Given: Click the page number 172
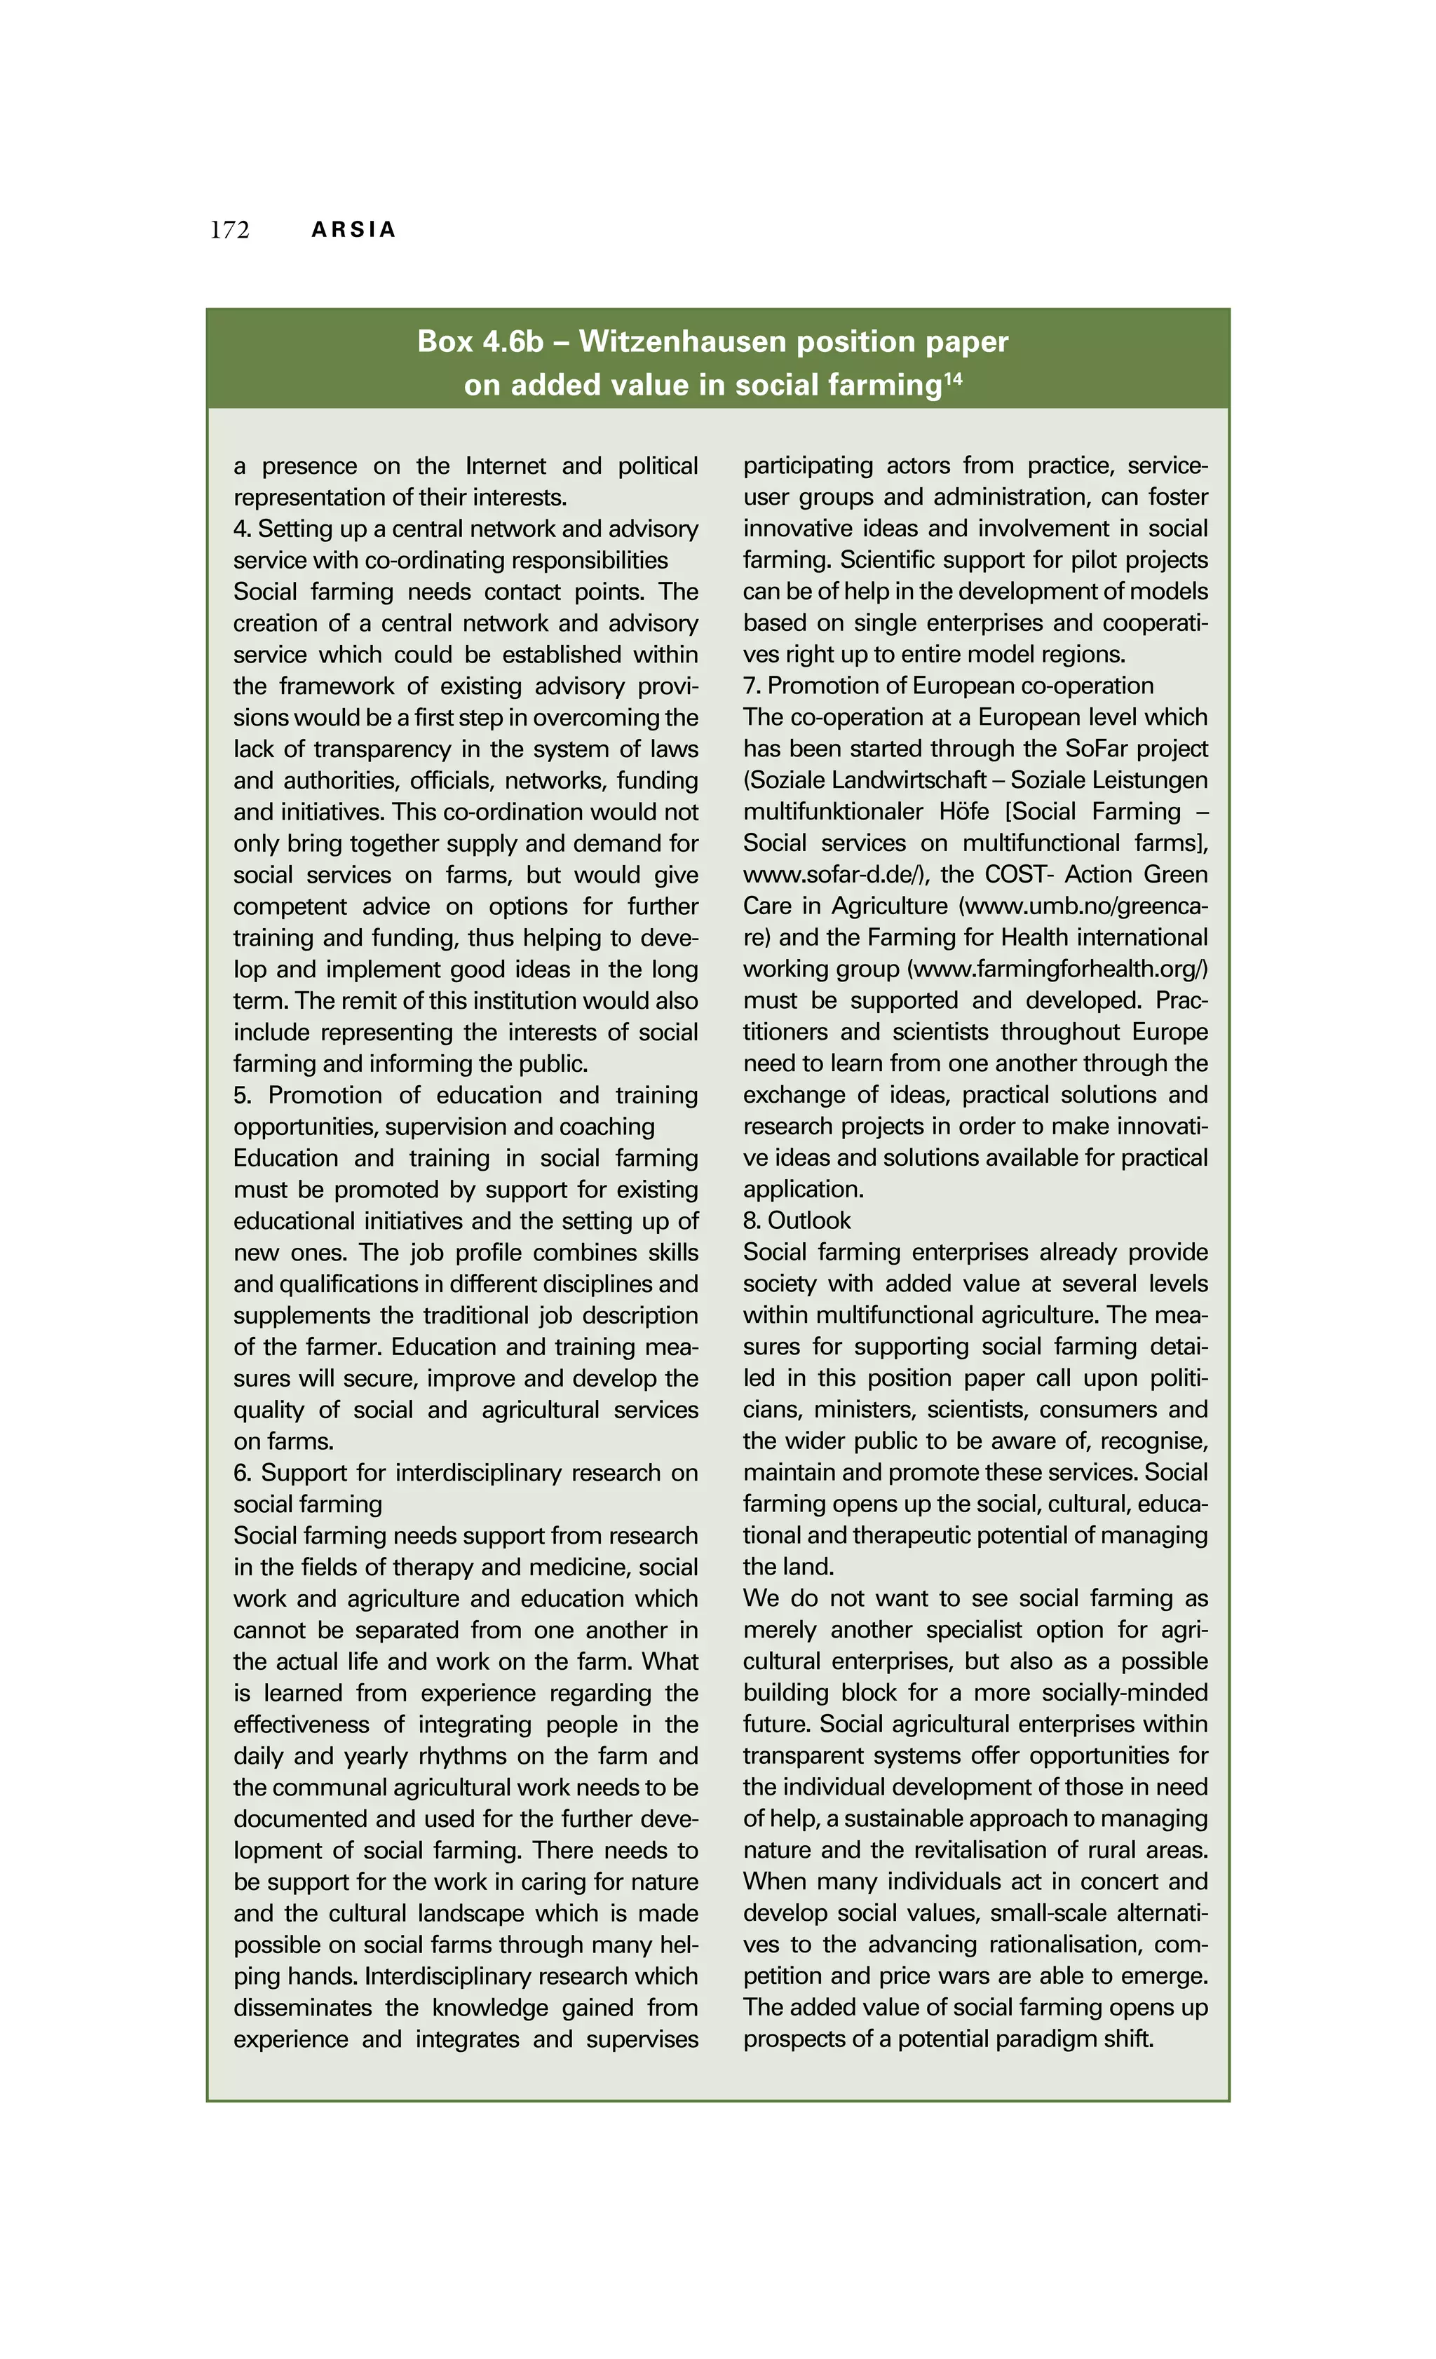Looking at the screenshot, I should point(230,230).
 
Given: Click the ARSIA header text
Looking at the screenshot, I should point(353,230).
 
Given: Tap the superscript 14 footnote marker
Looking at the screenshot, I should point(953,379).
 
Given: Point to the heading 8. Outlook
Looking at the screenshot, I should point(797,1221).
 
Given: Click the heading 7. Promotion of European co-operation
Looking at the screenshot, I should point(948,686).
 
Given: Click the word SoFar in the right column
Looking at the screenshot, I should point(1097,749).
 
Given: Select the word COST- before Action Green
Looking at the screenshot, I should point(1020,875).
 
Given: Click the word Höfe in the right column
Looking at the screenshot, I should point(963,812).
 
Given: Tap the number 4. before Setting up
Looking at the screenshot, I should point(241,529).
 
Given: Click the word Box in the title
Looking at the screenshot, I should point(445,342).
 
